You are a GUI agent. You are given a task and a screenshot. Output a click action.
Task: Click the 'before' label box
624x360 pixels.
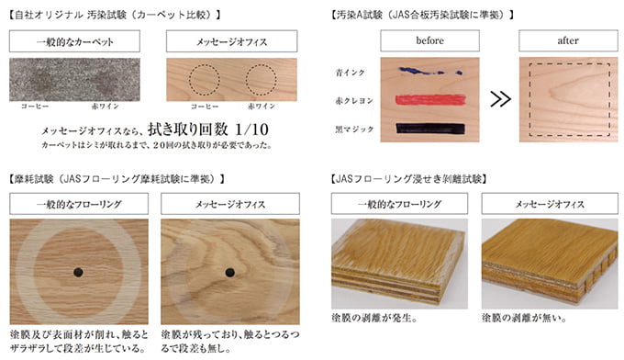[429, 40]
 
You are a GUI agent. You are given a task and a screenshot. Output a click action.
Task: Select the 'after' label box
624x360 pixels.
[568, 40]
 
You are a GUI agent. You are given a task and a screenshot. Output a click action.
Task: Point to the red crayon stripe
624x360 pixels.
[430, 99]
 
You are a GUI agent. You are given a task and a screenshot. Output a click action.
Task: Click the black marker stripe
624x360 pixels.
[430, 129]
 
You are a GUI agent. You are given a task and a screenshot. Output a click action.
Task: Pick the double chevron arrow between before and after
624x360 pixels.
[500, 99]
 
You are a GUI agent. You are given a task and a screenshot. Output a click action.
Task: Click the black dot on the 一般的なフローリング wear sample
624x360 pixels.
[78, 273]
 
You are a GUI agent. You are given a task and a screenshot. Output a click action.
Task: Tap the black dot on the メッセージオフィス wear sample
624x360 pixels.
[229, 273]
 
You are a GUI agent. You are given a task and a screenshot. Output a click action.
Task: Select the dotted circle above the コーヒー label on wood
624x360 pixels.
[204, 65]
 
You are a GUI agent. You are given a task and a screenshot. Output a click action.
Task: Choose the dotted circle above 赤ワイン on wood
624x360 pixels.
[261, 65]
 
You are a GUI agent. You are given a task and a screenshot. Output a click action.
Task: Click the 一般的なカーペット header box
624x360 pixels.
[75, 41]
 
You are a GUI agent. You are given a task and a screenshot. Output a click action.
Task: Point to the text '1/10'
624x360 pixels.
[251, 129]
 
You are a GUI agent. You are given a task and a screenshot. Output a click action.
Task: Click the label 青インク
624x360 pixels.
[351, 73]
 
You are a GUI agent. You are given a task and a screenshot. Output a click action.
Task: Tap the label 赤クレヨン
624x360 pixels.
[354, 101]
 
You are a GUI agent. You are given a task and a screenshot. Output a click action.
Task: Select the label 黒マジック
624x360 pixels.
[354, 129]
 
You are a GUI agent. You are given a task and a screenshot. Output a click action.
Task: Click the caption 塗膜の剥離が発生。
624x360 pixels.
[374, 318]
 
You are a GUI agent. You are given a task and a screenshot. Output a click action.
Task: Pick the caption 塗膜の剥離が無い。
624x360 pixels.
[524, 318]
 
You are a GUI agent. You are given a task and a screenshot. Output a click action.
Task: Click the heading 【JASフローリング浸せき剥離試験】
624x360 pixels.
[408, 179]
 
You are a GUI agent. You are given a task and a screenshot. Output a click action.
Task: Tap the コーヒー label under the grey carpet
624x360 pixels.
[35, 107]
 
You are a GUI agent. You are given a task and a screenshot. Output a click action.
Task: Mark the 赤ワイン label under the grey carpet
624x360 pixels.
[105, 107]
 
